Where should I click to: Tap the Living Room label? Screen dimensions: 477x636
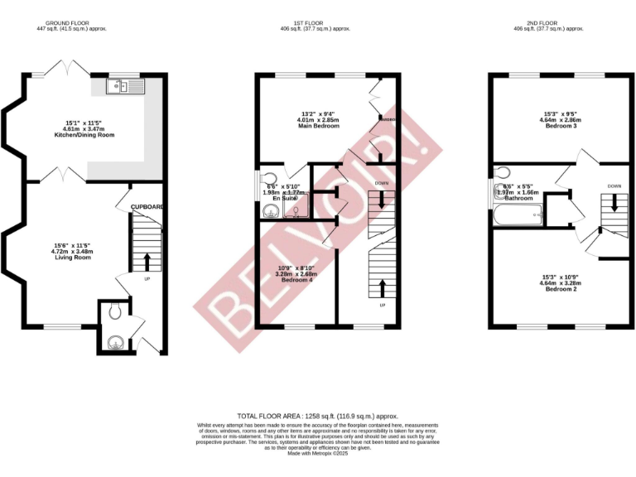tap(72, 258)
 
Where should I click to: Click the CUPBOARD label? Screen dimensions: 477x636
tap(147, 207)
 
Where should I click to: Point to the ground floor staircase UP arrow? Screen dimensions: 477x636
tap(148, 262)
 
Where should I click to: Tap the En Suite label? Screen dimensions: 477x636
tap(281, 199)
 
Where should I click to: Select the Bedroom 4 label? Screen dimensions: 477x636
tap(297, 280)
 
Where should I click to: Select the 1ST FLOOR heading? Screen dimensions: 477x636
tap(316, 23)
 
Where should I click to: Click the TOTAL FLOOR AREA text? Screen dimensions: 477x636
tap(318, 416)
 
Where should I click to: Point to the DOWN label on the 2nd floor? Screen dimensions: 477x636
tap(614, 186)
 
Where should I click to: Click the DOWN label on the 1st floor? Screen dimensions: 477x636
tap(381, 183)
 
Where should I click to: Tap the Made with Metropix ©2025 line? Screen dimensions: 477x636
tap(318, 454)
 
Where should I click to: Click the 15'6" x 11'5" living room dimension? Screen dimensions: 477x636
tap(72, 245)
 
